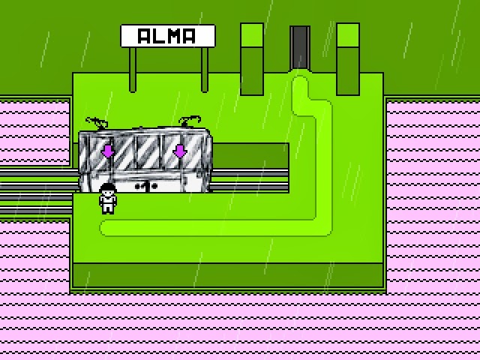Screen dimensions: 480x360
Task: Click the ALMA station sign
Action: point(168,36)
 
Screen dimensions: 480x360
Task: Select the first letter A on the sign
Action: point(144,36)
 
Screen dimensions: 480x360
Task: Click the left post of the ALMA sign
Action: point(133,70)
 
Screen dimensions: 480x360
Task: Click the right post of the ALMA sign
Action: point(205,70)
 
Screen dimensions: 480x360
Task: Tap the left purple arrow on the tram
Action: point(108,151)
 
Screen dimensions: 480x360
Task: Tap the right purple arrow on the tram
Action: point(180,151)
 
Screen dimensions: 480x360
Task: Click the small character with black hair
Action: point(108,198)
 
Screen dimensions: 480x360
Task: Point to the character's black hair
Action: point(108,187)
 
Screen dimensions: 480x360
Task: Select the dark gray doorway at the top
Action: point(300,48)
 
